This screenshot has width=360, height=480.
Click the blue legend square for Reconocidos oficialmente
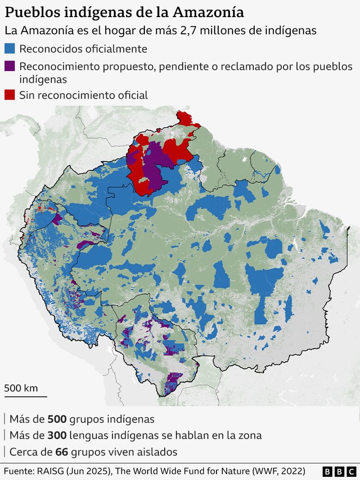(x=10, y=48)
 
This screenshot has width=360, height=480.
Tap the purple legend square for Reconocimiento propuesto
(x=10, y=66)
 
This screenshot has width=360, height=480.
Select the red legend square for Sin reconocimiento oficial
(x=10, y=95)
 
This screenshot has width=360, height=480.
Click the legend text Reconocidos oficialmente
(x=83, y=48)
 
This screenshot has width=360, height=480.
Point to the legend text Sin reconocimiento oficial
(x=84, y=95)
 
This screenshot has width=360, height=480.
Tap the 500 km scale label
(x=21, y=388)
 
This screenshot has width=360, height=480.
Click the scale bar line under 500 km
(x=25, y=396)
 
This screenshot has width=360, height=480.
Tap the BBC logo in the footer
(x=339, y=472)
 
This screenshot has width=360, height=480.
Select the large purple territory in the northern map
(x=155, y=166)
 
